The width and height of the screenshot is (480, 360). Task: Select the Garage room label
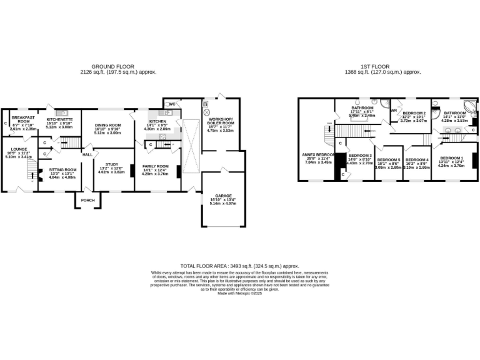tap(222, 196)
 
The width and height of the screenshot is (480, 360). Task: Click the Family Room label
tap(155, 166)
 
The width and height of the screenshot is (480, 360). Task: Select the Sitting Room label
tap(62, 169)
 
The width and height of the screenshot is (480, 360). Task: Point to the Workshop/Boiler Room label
tap(220, 120)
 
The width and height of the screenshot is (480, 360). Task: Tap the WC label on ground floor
tap(171, 104)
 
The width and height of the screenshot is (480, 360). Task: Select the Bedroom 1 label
tap(452, 157)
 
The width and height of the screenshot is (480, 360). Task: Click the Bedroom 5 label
tap(388, 160)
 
